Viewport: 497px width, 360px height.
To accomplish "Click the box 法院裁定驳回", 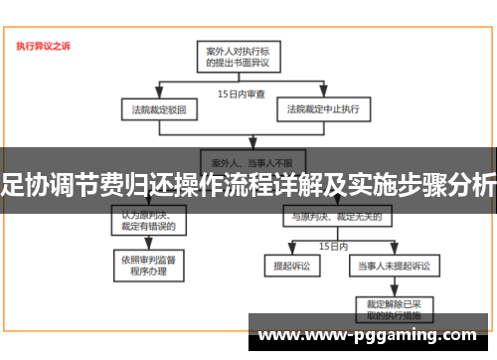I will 148,107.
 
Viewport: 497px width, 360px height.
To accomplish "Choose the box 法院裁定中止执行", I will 323,107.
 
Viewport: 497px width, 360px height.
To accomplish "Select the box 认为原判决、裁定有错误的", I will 148,219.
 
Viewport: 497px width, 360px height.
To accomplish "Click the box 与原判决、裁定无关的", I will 335,216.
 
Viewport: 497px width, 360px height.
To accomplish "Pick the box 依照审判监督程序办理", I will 148,265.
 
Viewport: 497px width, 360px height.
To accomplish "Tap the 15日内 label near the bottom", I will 332,244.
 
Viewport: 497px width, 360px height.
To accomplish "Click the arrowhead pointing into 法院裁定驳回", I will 148,96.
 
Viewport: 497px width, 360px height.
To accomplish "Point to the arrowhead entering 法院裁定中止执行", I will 323,96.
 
